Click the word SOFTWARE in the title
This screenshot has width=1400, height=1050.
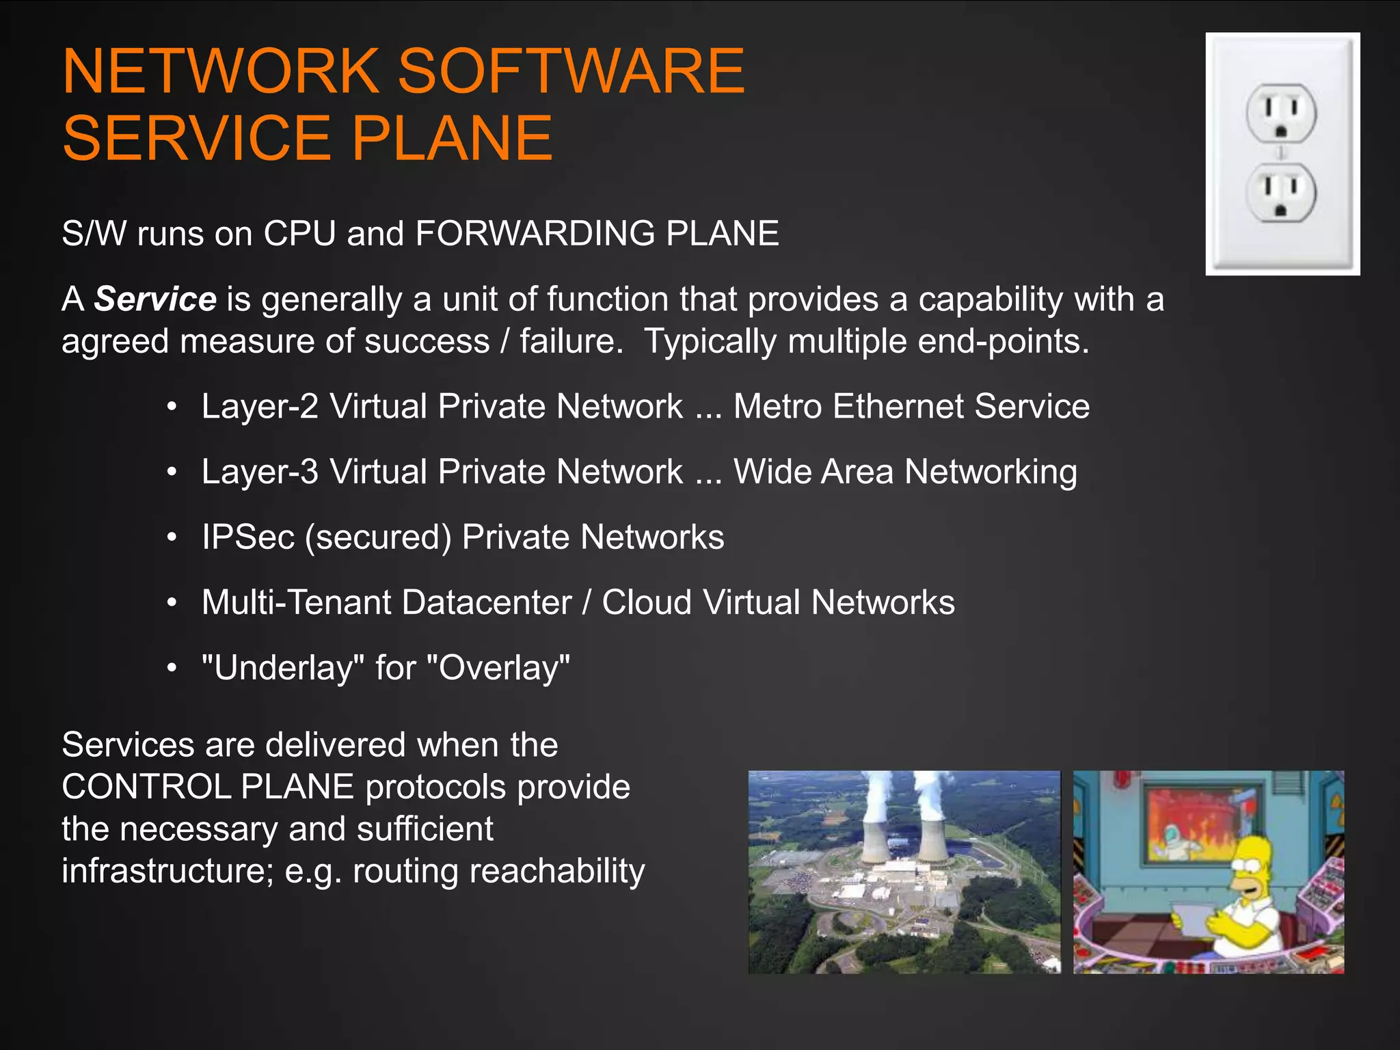pos(571,71)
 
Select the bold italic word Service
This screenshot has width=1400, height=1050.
pos(155,299)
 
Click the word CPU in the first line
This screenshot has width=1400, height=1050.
pos(299,234)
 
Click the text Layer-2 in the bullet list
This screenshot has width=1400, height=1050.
pos(260,407)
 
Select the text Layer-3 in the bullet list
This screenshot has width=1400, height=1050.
pos(260,472)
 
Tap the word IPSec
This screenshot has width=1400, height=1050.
pos(247,537)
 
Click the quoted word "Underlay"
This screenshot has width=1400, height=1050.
pos(283,668)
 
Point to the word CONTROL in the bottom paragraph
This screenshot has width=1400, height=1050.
pos(148,787)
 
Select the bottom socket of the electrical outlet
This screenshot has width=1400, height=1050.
pos(1281,193)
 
